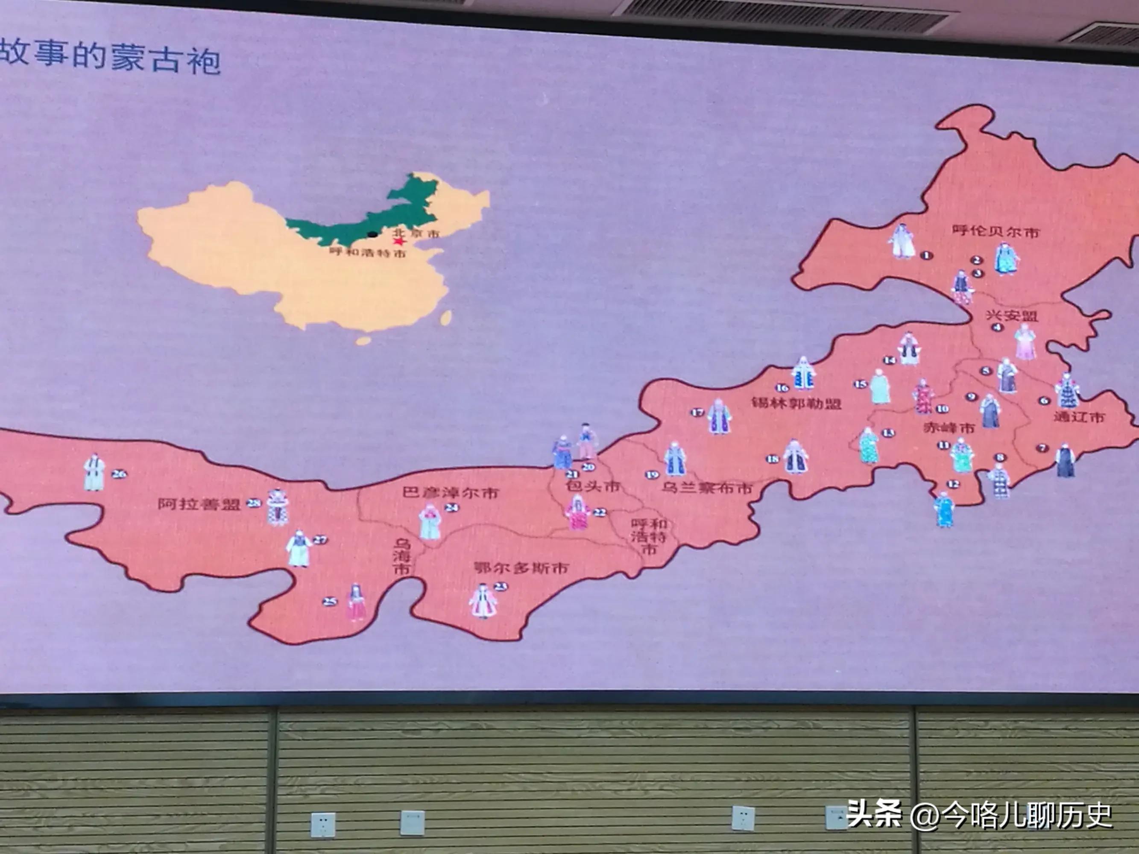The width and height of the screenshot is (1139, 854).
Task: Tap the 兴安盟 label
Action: [1012, 315]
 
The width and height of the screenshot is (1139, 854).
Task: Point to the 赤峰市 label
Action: [949, 427]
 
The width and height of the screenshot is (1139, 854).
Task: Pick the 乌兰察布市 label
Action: [706, 488]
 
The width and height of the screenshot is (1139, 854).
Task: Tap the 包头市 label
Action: [592, 486]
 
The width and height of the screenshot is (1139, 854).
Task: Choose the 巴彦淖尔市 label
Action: [451, 493]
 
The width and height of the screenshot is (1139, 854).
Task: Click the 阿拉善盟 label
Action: [199, 504]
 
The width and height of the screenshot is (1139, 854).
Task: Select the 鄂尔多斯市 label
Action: [521, 568]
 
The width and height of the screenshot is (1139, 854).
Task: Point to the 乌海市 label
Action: [401, 556]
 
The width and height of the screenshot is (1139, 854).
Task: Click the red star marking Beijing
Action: [398, 241]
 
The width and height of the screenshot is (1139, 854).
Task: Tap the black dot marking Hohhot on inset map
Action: [372, 234]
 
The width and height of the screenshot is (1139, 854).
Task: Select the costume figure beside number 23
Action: [483, 601]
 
